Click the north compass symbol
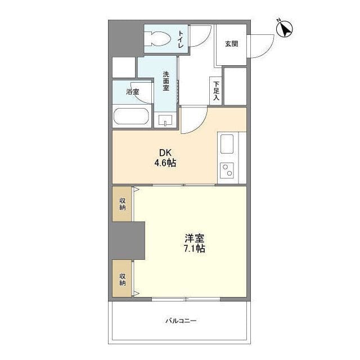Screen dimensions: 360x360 tap(285, 29)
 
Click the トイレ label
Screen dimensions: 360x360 tap(181, 39)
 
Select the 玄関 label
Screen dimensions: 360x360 tap(231, 44)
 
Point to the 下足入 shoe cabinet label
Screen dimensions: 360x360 tap(216, 91)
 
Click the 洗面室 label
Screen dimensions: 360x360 tap(166, 81)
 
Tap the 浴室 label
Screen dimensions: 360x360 tap(133, 92)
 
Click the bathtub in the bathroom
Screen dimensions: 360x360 tap(132, 116)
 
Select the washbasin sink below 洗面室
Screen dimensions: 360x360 tap(165, 120)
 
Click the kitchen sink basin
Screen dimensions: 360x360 tap(227, 144)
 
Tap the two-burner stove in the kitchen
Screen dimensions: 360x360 tap(227, 170)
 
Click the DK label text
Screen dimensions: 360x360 tap(165, 153)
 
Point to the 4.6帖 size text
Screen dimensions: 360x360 tap(165, 163)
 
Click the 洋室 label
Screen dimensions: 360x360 tap(195, 238)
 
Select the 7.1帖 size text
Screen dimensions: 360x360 tap(195, 249)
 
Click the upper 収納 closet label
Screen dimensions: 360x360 tap(123, 204)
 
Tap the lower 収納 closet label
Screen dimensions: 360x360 tap(123, 279)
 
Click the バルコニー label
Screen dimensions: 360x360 tap(181, 321)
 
